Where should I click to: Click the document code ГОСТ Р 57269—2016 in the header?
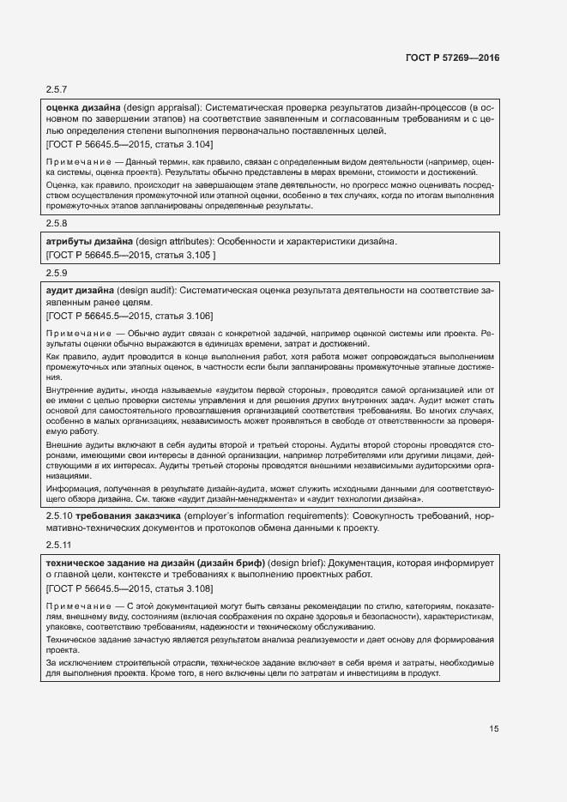451,57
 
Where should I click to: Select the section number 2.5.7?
56,89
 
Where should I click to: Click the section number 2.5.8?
56,226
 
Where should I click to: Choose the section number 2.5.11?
58,546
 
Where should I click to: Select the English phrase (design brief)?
297,563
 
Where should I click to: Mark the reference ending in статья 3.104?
129,145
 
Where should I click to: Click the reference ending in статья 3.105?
130,255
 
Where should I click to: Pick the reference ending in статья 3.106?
129,316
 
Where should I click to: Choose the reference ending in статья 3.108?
129,588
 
